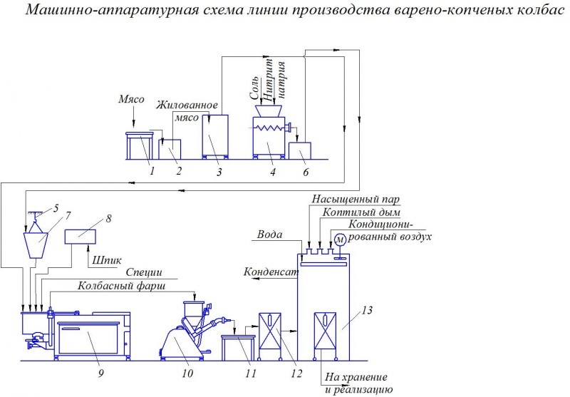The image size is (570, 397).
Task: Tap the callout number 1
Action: (x=151, y=170)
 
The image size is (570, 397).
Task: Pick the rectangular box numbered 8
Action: (x=83, y=237)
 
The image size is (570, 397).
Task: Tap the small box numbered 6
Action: (x=301, y=150)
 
